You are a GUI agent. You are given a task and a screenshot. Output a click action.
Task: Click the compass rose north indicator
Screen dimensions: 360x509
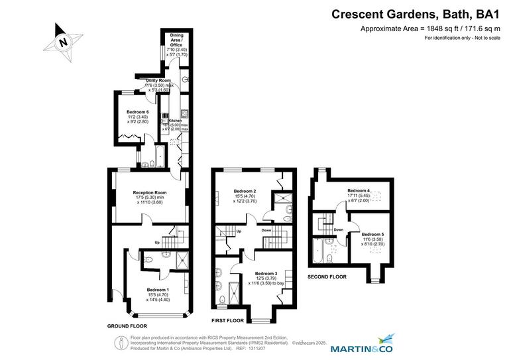click(63, 41)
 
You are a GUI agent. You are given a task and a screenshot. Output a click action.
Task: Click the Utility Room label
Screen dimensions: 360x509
click(158, 80)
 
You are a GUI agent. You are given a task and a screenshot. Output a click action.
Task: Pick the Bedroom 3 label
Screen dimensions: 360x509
click(266, 273)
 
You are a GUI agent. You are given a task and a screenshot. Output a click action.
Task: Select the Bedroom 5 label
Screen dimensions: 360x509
click(372, 234)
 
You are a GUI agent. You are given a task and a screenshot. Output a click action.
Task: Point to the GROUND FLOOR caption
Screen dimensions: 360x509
click(127, 326)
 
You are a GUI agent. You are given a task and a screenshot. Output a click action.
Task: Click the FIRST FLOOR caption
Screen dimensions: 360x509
click(227, 320)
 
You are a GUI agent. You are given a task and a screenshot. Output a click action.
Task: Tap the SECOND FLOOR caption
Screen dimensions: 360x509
click(327, 276)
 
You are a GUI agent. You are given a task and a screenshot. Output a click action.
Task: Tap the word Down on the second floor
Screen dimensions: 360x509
click(338, 230)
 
